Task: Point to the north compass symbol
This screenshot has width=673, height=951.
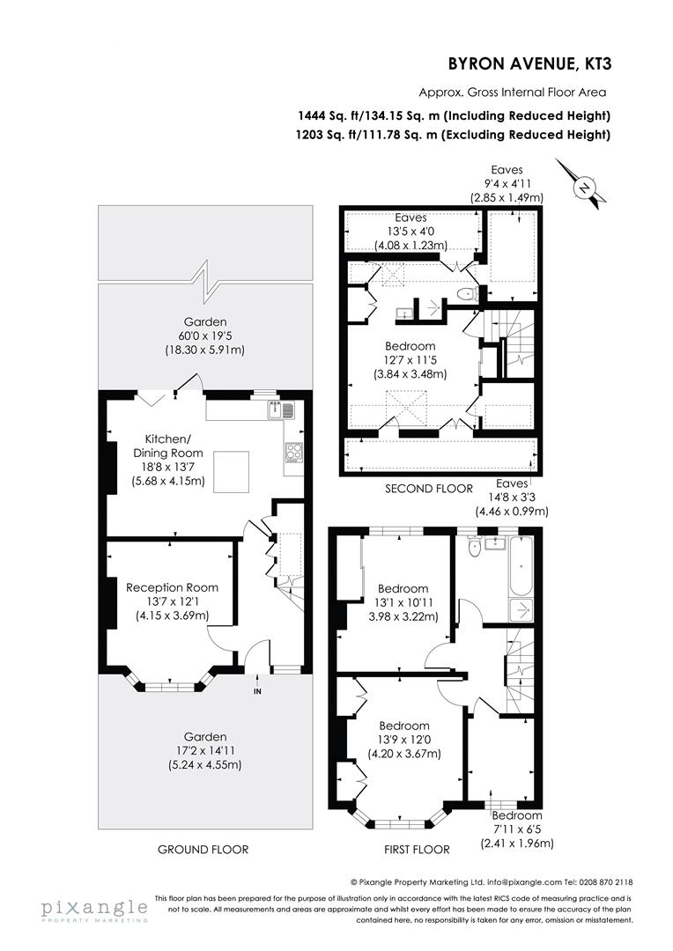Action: (x=583, y=186)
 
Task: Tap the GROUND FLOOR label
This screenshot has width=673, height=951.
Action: (x=203, y=850)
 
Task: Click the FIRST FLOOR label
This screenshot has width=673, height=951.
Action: (x=418, y=850)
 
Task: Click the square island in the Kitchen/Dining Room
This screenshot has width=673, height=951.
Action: (x=233, y=466)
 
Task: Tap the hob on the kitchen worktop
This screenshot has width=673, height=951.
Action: (x=293, y=453)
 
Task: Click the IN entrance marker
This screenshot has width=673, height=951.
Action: (x=258, y=691)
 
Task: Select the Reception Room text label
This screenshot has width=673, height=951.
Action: (x=172, y=587)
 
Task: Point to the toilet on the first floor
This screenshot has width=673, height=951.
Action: (x=476, y=548)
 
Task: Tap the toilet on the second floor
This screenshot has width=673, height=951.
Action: (x=465, y=293)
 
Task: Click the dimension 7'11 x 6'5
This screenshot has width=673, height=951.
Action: (x=516, y=829)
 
